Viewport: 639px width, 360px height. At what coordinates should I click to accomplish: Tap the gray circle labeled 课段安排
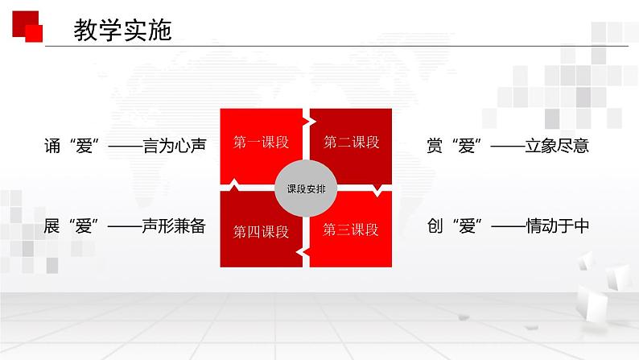tap(307, 189)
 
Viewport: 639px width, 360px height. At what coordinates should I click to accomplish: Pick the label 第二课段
tap(352, 143)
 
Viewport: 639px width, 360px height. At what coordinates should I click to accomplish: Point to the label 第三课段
tap(351, 230)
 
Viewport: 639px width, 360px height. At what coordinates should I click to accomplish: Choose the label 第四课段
tap(261, 232)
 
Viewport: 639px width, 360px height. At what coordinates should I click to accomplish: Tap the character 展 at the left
tap(53, 226)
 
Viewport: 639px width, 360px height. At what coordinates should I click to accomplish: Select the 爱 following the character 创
tap(467, 226)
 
